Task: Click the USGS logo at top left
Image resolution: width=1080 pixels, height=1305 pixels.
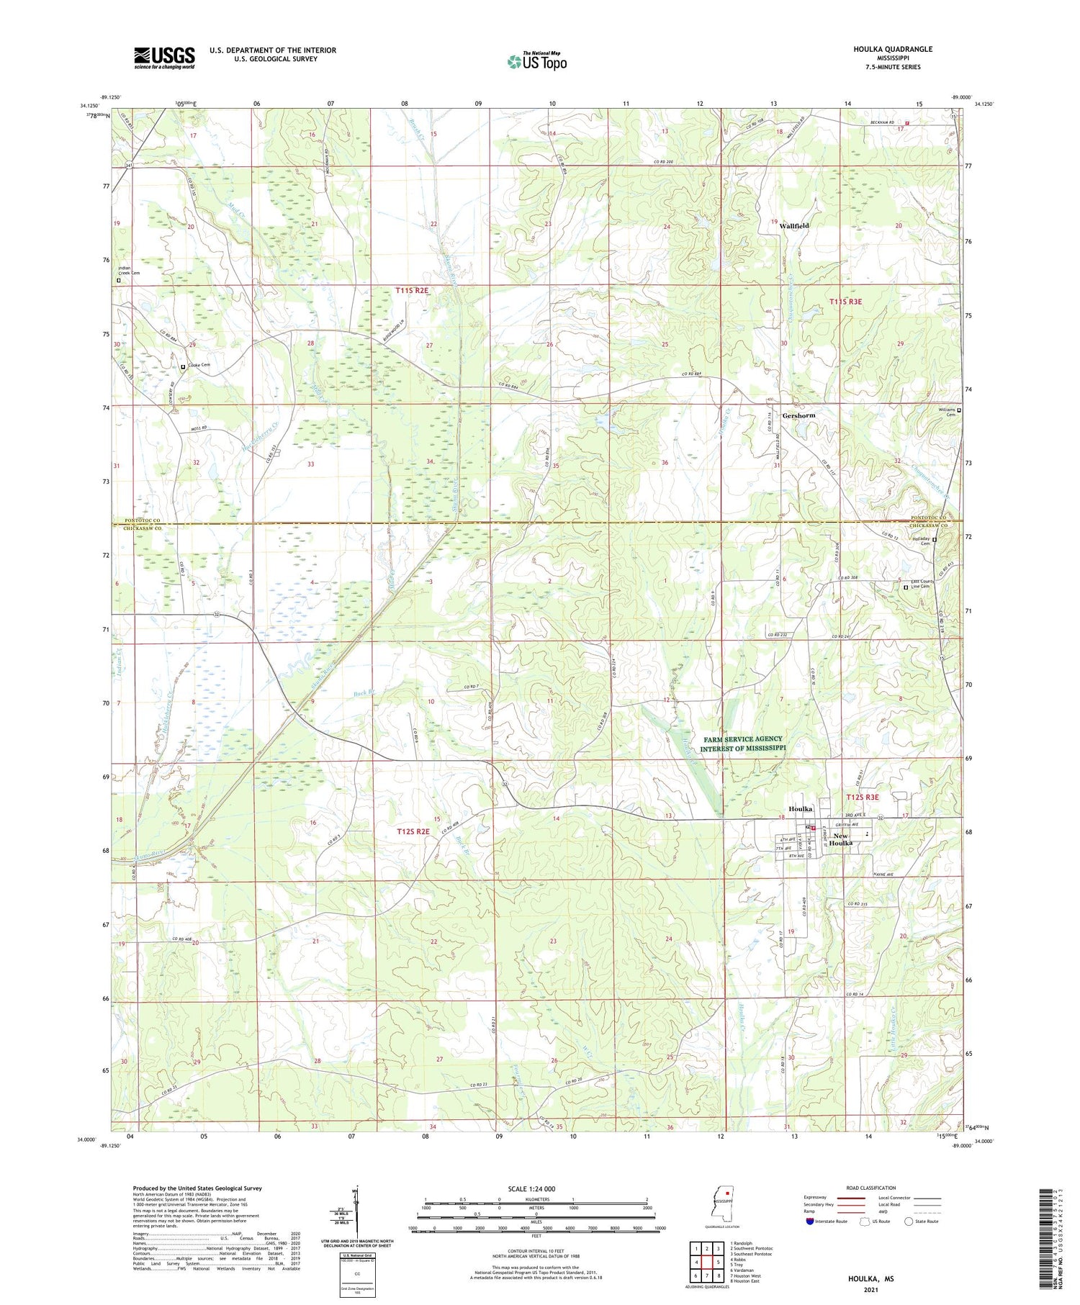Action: pyautogui.click(x=164, y=58)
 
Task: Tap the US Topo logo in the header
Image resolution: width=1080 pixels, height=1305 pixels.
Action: pyautogui.click(x=536, y=62)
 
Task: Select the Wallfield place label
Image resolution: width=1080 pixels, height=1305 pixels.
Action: pyautogui.click(x=793, y=225)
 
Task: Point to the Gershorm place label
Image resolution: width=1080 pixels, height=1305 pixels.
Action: pyautogui.click(x=798, y=415)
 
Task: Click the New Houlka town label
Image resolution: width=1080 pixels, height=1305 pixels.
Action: pyautogui.click(x=840, y=839)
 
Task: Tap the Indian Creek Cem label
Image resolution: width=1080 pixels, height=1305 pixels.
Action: pyautogui.click(x=130, y=270)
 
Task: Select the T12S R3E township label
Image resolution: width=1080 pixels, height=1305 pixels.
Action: pyautogui.click(x=862, y=797)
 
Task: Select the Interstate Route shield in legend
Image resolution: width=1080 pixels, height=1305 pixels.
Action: pyautogui.click(x=809, y=1222)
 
